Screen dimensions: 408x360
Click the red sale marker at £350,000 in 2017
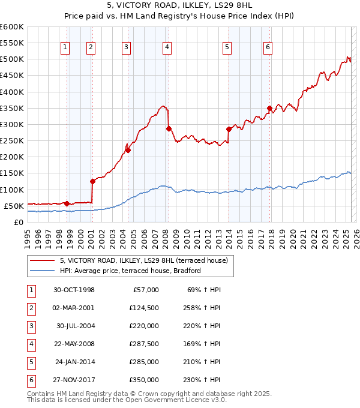click(x=269, y=109)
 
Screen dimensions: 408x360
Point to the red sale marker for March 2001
click(x=92, y=181)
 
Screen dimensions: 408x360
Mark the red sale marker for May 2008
click(x=169, y=128)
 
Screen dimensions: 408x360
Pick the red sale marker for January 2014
click(x=229, y=129)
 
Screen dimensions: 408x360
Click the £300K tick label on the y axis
click(x=12, y=124)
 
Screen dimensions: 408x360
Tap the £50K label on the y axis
click(x=14, y=206)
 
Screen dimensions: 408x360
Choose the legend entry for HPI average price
click(x=130, y=271)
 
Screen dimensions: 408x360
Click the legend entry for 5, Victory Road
click(x=143, y=261)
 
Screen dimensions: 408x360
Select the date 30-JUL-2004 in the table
click(x=75, y=326)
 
